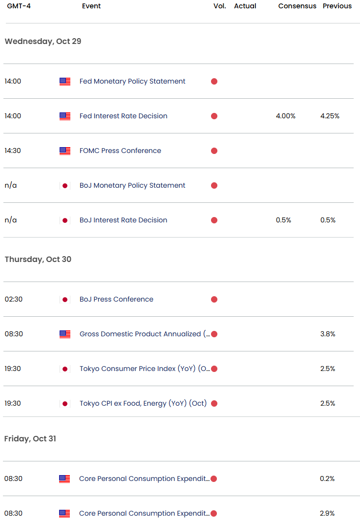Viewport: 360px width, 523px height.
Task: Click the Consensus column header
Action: (297, 6)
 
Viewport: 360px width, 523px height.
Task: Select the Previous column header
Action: (337, 6)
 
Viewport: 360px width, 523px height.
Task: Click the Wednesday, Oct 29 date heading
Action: (43, 42)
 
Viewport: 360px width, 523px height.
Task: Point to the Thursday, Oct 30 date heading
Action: (38, 260)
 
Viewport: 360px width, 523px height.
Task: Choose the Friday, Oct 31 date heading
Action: (30, 439)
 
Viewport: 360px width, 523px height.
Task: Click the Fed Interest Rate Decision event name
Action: (124, 116)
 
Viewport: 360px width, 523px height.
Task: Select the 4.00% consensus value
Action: (286, 116)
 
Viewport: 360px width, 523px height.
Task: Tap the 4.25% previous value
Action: (330, 116)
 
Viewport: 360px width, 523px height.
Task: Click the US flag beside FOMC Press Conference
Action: (65, 151)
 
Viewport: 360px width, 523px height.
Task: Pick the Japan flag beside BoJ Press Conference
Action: (65, 300)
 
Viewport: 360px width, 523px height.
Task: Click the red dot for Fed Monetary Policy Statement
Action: (214, 82)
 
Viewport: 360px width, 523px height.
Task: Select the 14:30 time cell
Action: (13, 151)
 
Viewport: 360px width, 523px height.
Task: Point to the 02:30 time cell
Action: (14, 300)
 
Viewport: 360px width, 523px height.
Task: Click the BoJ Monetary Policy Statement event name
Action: (132, 186)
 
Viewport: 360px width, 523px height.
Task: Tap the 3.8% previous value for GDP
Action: (328, 334)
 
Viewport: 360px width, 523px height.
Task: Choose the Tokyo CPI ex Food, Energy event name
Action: (143, 404)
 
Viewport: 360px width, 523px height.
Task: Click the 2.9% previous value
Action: (328, 514)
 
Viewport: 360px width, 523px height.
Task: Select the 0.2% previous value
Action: (328, 479)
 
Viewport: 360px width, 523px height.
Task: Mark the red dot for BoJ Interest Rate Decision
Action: (214, 220)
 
